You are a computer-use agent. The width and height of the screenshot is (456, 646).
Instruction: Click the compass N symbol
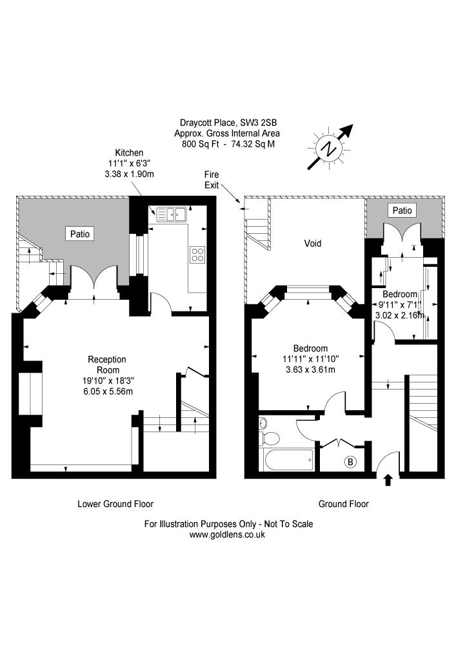[329, 149]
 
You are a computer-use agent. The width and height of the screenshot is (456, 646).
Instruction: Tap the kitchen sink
[172, 214]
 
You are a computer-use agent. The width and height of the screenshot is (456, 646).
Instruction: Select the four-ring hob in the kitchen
[197, 254]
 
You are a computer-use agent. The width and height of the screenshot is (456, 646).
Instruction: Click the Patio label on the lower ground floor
[80, 234]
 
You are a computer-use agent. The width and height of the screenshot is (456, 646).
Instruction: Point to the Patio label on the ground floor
[402, 211]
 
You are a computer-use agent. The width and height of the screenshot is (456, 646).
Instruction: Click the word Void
[313, 244]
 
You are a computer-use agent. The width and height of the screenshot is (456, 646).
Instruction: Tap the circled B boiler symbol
[350, 462]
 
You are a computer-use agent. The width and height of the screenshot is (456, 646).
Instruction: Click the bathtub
[287, 459]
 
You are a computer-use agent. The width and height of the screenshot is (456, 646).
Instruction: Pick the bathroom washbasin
[263, 422]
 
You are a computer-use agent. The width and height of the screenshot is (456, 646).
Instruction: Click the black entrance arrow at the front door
[388, 480]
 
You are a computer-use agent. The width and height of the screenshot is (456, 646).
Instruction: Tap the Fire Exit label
[212, 180]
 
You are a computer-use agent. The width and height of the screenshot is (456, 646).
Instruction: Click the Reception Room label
[107, 364]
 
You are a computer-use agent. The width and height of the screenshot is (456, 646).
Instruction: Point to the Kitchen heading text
[129, 153]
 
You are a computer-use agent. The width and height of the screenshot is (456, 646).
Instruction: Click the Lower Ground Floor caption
[115, 504]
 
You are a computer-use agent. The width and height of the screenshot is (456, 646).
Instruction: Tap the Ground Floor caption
[344, 504]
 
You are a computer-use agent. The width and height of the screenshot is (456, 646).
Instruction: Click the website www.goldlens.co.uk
[227, 535]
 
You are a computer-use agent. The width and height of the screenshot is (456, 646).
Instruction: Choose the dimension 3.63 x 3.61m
[310, 370]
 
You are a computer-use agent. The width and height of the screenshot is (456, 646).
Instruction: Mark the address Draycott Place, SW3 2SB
[228, 123]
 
